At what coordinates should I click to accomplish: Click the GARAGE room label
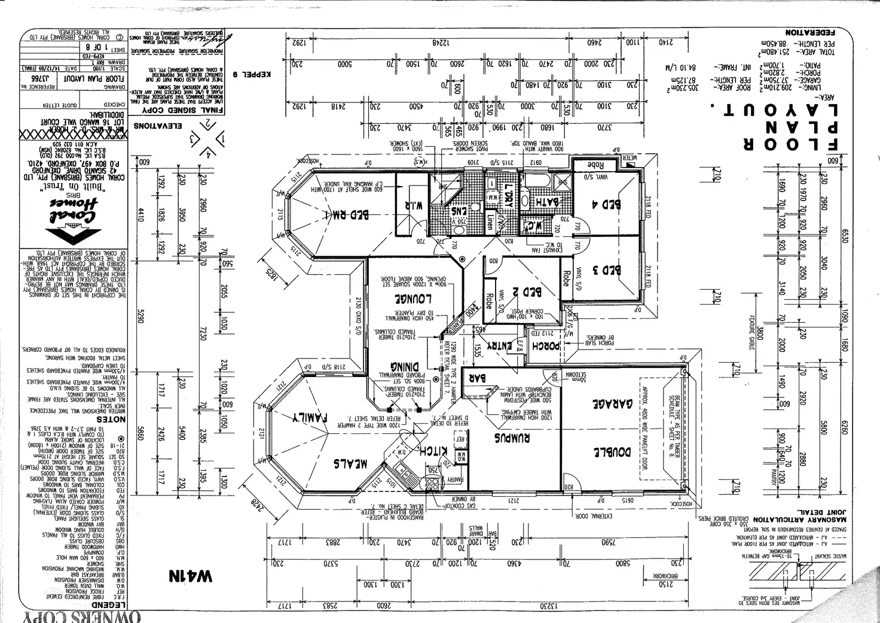(613, 405)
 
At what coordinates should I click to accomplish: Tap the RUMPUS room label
(512, 437)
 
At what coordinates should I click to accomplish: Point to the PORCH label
(545, 345)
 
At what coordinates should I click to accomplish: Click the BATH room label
(546, 203)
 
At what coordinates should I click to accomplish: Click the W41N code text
(190, 576)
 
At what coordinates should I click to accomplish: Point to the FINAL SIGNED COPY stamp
(188, 111)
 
